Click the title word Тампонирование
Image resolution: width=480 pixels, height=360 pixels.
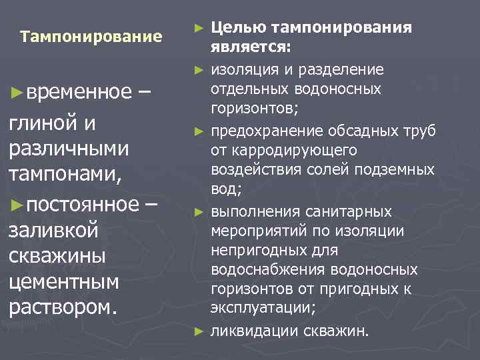(x=91, y=36)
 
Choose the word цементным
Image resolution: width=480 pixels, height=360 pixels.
(x=65, y=281)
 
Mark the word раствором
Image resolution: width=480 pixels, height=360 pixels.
(x=63, y=307)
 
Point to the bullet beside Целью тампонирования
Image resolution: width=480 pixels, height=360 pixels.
(x=198, y=28)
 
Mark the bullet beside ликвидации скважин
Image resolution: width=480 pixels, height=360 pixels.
(x=198, y=330)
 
